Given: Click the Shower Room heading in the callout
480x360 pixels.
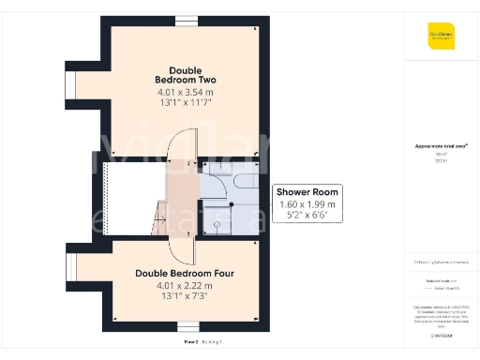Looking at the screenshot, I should click(307, 192).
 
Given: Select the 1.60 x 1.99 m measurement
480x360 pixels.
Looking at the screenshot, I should click(307, 204).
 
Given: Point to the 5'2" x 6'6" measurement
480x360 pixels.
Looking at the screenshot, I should click(307, 216).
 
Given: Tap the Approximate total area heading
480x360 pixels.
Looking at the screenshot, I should click(441, 146).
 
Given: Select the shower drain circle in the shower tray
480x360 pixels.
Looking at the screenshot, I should click(231, 202).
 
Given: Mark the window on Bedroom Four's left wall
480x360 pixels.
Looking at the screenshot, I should click(68, 265).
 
